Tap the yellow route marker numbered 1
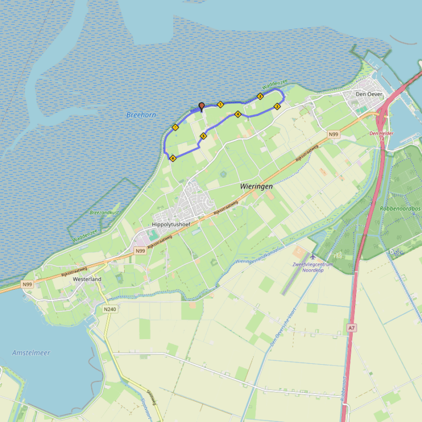220,104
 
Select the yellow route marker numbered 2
260,96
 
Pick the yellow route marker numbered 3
277,106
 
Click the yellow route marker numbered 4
237,114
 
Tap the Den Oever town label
369,94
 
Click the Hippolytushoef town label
170,225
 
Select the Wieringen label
256,187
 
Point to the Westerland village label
87,279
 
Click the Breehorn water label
141,115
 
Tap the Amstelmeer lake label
31,352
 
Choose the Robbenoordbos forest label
400,209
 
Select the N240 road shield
110,309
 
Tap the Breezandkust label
104,212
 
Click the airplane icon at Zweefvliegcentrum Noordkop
313,256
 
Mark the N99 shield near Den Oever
333,134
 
